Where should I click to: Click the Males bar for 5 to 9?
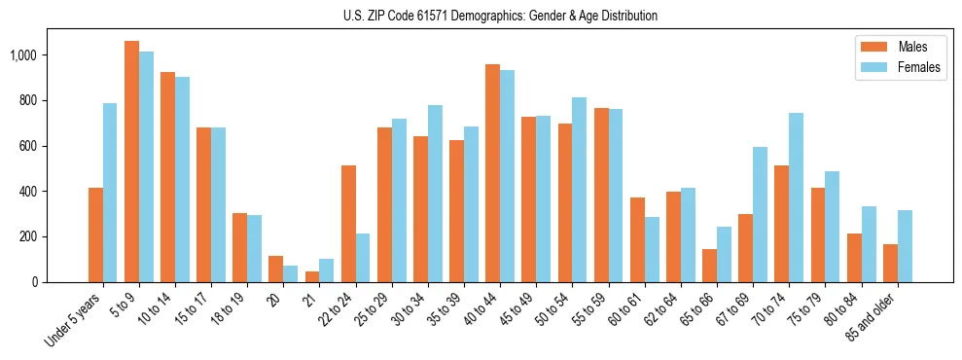[131, 162]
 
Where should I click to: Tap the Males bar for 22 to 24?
[348, 224]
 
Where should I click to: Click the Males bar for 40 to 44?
[492, 173]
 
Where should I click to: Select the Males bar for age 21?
[312, 276]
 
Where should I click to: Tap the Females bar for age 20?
[291, 273]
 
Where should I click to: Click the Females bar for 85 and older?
[905, 246]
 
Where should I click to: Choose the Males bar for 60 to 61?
[637, 239]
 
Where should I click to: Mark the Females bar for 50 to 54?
[580, 190]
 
